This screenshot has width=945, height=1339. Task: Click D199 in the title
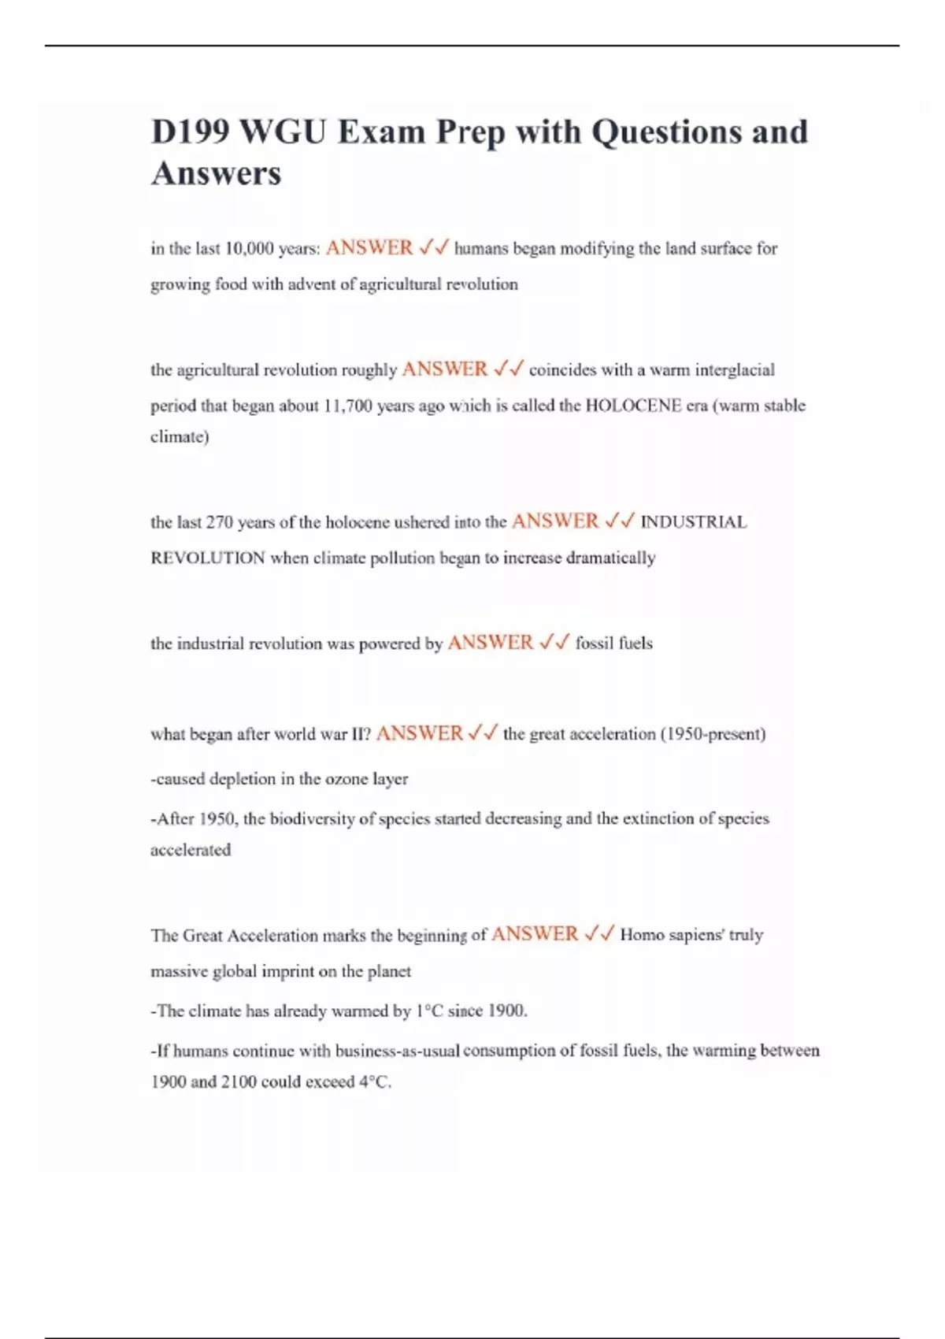tap(189, 132)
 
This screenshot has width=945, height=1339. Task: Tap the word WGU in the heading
tap(282, 132)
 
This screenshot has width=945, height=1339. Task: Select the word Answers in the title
tap(216, 174)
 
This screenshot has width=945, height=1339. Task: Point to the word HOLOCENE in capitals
tap(633, 406)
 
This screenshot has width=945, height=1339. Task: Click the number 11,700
tap(347, 406)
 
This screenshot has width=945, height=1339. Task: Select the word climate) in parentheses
tap(180, 437)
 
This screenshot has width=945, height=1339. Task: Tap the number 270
tap(219, 522)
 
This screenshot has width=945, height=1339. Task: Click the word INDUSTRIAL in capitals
tap(694, 522)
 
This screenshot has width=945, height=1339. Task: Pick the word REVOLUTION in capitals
tap(208, 558)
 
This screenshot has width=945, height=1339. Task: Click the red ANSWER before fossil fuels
tap(490, 643)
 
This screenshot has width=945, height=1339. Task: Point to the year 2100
tap(238, 1082)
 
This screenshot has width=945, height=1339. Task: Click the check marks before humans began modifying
tap(434, 248)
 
